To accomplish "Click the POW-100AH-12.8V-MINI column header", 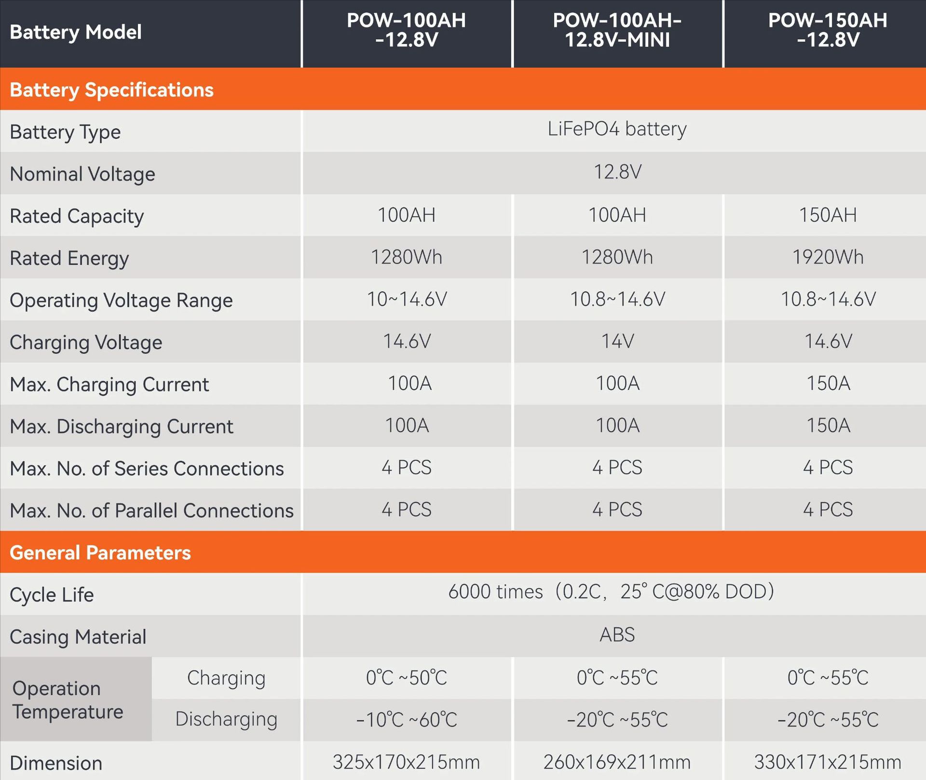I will (x=617, y=30).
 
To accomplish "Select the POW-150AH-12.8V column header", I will (x=828, y=30).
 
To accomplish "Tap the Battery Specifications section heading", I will (x=111, y=90).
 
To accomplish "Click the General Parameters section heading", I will (x=100, y=553).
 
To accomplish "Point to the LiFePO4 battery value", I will (x=617, y=129).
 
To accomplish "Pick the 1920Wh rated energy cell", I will (x=828, y=257).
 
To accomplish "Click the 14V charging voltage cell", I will (x=617, y=342).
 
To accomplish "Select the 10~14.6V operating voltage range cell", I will (x=407, y=300).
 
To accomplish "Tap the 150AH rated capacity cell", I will (x=828, y=215).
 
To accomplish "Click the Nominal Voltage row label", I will (x=82, y=174).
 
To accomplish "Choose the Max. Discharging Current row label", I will (x=122, y=427).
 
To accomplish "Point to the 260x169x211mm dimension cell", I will (x=617, y=762).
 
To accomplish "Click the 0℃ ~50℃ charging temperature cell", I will (x=407, y=678).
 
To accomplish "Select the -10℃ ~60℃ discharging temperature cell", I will (x=407, y=720).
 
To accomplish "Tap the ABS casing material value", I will (x=617, y=635).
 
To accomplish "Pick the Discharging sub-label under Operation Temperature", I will (x=226, y=719).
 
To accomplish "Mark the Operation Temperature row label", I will (x=68, y=700).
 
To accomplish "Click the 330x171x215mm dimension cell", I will (x=828, y=762).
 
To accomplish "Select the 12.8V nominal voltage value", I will (x=617, y=172).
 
